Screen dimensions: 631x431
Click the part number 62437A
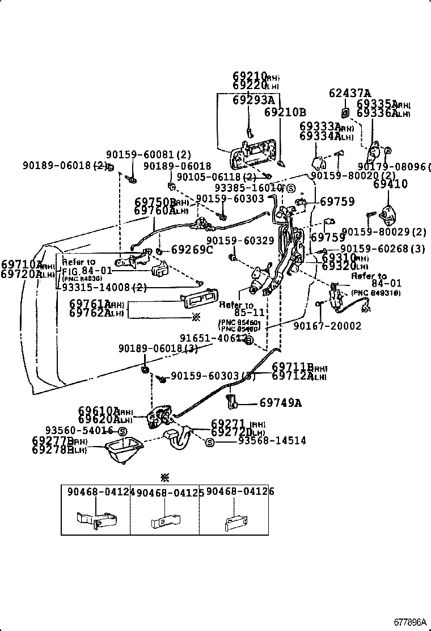[x=350, y=93]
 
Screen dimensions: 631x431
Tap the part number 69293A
[x=253, y=100]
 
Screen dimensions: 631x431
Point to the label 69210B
[x=285, y=112]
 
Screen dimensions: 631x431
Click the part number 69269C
[x=192, y=249]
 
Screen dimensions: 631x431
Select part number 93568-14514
[x=272, y=440]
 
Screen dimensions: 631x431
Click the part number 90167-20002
[x=327, y=326]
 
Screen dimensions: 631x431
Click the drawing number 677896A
[x=411, y=622]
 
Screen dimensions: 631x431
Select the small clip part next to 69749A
[x=232, y=401]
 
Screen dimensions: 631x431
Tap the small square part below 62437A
[x=345, y=111]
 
